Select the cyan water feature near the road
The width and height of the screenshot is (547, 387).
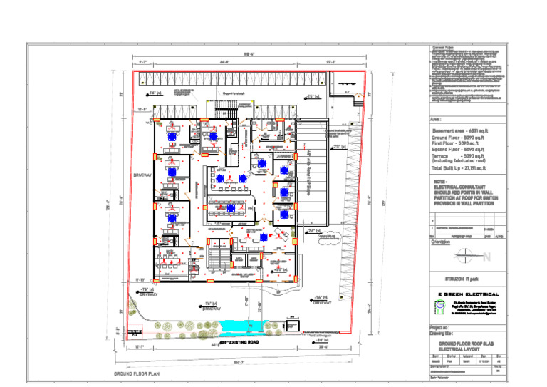coord(249,327)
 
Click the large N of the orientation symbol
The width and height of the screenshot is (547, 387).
coord(486,257)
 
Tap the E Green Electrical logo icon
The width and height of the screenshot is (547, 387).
coord(439,306)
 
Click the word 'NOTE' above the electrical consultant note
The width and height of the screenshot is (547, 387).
coord(439,181)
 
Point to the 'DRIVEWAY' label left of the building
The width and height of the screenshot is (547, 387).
coord(142,174)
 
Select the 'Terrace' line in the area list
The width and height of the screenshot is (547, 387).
coord(459,155)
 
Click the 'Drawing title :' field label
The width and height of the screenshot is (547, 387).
coord(442,333)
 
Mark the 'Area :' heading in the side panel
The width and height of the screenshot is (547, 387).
coord(437,120)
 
